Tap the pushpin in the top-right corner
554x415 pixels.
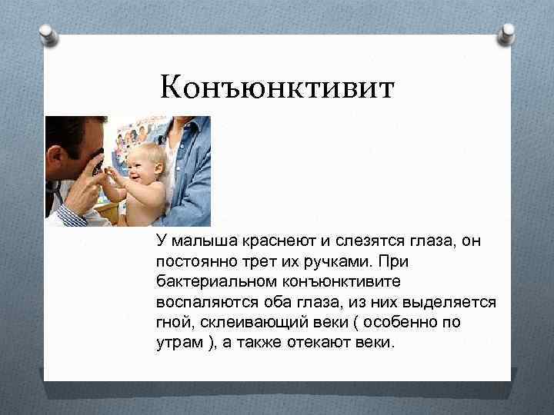pyautogui.click(x=508, y=32)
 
